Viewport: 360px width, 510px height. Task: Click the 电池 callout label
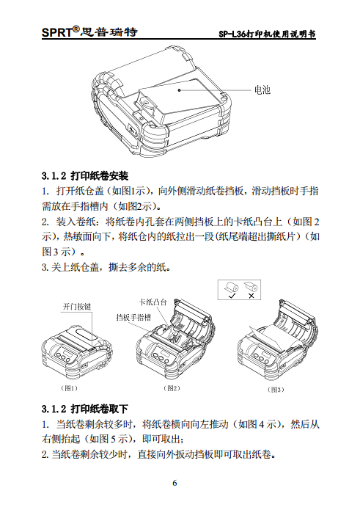pyautogui.click(x=262, y=90)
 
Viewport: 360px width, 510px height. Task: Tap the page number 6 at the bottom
pyautogui.click(x=175, y=483)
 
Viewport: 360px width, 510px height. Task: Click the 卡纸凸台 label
pyautogui.click(x=153, y=302)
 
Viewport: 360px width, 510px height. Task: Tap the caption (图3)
pyautogui.click(x=276, y=389)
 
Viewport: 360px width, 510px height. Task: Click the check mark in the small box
pyautogui.click(x=231, y=296)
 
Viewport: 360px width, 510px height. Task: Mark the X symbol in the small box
pyautogui.click(x=251, y=296)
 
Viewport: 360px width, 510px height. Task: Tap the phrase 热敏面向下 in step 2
pyautogui.click(x=85, y=236)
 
